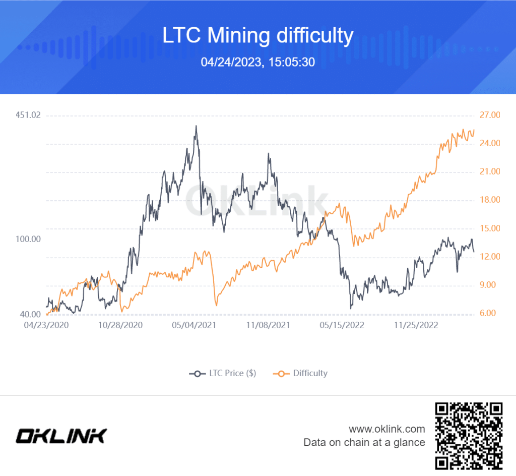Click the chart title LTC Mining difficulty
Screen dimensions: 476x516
click(257, 36)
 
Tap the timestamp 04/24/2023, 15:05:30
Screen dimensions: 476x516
click(257, 62)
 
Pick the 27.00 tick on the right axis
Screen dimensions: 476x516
click(489, 115)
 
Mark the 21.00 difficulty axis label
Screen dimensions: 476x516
click(489, 172)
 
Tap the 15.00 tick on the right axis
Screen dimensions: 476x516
click(489, 228)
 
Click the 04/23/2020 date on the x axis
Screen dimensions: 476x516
click(46, 325)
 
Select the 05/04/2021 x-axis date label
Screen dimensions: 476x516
click(194, 325)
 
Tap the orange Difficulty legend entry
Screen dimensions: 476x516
click(300, 373)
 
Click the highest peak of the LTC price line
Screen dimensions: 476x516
click(196, 126)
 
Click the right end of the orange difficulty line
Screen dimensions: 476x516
click(474, 131)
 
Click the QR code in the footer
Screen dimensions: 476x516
click(469, 435)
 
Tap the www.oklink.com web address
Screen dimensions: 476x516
click(386, 429)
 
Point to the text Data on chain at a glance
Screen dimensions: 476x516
click(364, 443)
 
